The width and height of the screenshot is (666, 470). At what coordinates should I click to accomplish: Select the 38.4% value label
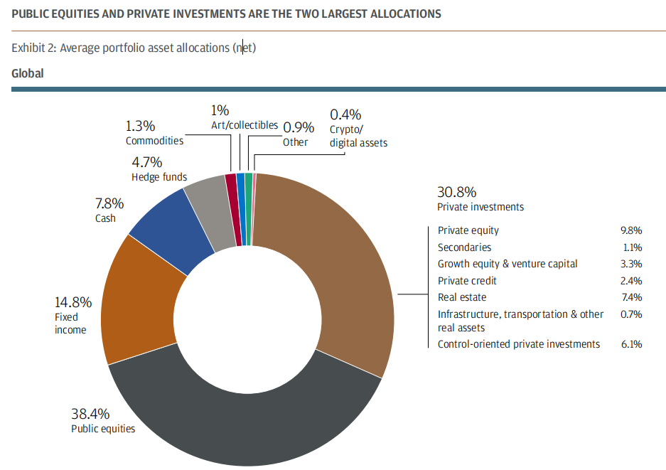(x=90, y=413)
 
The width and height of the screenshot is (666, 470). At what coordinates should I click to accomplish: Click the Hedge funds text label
(x=159, y=177)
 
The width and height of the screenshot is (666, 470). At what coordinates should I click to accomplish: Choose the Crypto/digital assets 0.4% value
(x=345, y=114)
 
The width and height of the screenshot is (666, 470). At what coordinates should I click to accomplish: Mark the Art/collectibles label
(x=244, y=125)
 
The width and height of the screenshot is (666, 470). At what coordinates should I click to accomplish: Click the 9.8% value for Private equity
(x=631, y=230)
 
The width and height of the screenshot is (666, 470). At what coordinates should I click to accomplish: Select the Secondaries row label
(x=464, y=247)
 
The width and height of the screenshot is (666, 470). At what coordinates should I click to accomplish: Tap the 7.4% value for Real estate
(x=631, y=297)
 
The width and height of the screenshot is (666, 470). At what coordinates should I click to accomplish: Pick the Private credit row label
(x=467, y=281)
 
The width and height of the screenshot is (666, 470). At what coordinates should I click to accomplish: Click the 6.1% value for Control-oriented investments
(x=631, y=344)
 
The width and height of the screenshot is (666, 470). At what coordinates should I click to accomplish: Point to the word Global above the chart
(x=27, y=74)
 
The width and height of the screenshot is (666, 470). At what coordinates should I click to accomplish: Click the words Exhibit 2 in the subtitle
(x=33, y=48)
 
